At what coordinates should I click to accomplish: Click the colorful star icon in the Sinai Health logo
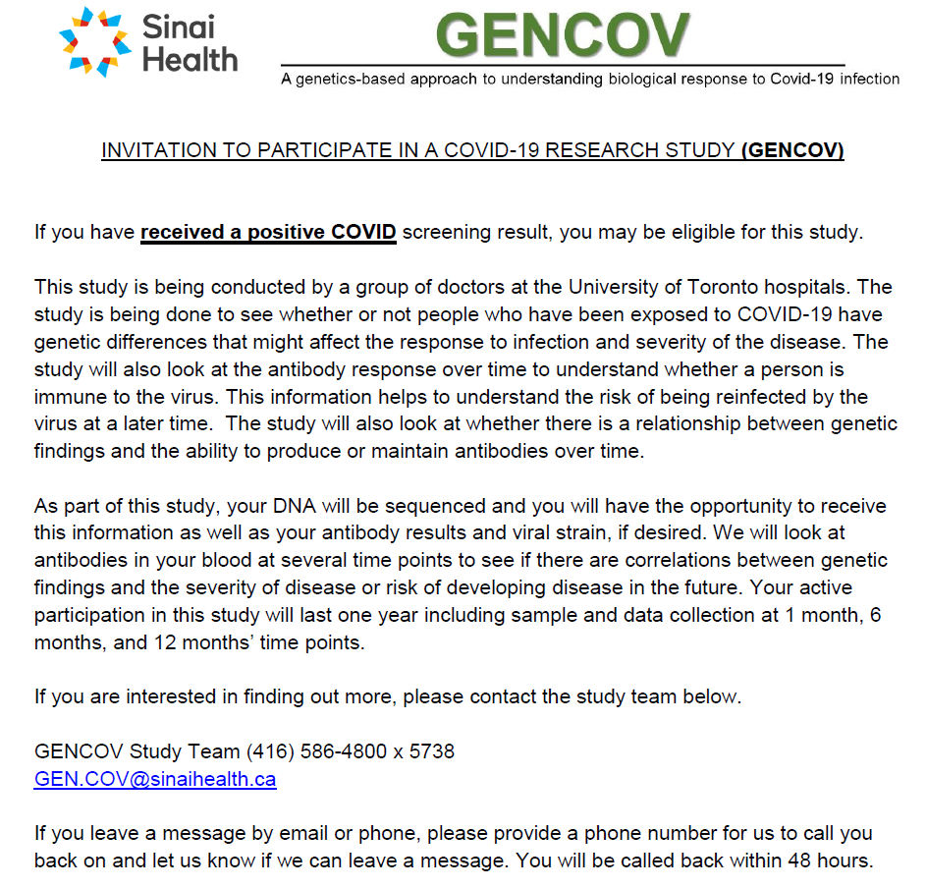point(94,41)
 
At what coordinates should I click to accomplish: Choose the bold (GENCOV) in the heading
point(792,150)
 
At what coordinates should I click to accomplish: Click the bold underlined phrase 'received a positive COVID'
point(268,233)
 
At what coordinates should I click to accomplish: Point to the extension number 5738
point(431,751)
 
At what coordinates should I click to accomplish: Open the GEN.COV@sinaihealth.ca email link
point(155,779)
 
